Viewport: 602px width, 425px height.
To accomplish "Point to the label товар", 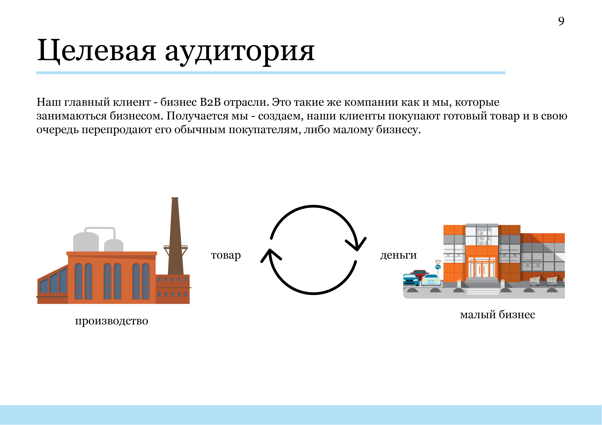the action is [226, 255].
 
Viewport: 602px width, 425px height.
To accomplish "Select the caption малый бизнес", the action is [497, 314].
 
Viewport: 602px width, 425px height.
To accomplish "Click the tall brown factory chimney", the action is [175, 236].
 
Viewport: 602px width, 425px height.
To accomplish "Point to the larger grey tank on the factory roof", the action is [86, 242].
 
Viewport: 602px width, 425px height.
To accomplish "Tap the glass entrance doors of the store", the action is [482, 268].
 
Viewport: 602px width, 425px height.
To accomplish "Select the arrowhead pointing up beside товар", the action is [271, 256].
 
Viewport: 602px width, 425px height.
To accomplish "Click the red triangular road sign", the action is [438, 262].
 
